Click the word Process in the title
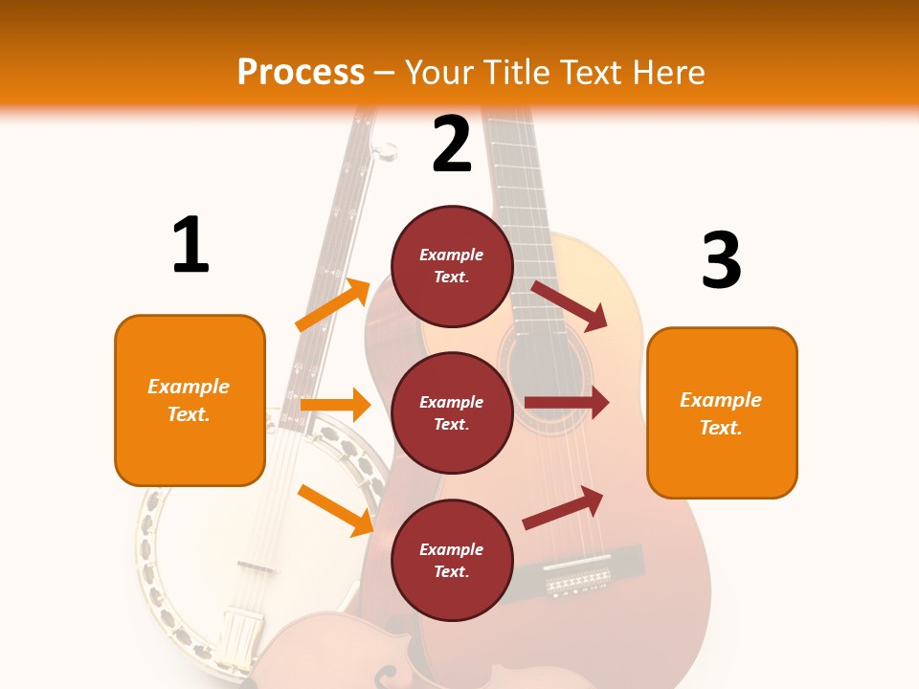pos(301,72)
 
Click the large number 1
pos(191,245)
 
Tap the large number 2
pos(452,144)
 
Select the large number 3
pos(721,260)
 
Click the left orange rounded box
pos(190,400)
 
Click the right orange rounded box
pos(722,412)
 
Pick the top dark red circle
pos(452,266)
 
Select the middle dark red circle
pos(452,412)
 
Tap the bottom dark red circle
pos(452,560)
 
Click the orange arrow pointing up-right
pos(333,305)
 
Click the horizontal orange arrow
pos(334,405)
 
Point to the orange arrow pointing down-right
pos(335,510)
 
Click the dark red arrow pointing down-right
pos(570,305)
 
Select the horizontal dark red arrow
pos(566,403)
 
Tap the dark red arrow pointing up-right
pos(564,508)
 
